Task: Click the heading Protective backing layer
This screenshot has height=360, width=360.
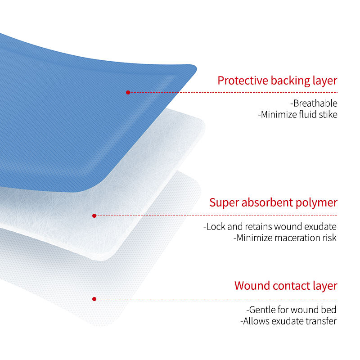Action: click(277, 81)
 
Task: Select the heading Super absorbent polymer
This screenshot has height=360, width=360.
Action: click(273, 202)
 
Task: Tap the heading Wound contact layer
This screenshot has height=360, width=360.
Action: click(286, 286)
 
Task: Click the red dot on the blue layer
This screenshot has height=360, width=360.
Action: click(128, 92)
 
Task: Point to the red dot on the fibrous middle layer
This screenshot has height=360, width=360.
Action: click(94, 216)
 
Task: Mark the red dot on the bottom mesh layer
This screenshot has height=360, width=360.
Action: click(94, 299)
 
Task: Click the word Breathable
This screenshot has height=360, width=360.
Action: click(314, 103)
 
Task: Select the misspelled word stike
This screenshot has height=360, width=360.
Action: click(327, 115)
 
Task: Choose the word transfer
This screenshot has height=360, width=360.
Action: click(323, 321)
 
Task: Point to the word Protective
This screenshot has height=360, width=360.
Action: click(243, 81)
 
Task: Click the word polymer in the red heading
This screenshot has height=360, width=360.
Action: click(319, 202)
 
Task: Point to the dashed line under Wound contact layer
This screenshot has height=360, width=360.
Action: click(216, 299)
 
